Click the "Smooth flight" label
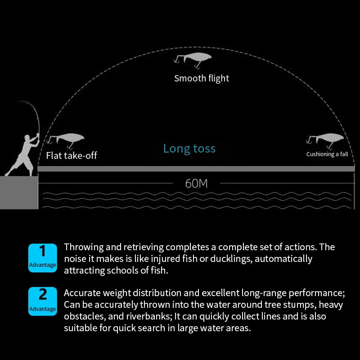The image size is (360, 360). pos(202,78)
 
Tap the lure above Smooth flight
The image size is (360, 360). pos(193,60)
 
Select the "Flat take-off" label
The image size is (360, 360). pos(72,155)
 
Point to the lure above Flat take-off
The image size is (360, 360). pos(65,140)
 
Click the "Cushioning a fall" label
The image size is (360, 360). pos(327,154)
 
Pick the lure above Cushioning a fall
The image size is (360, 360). pos(325,140)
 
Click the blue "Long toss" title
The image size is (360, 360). pos(189,148)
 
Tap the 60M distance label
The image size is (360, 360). pos(196,184)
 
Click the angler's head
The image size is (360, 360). pos(27,138)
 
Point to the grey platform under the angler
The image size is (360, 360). pos(19,193)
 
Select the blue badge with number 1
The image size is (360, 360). pos(43,258)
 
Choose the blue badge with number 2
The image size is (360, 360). pos(43,301)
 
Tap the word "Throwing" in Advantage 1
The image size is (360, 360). pos(84,247)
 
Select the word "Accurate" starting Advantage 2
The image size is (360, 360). pos(82,293)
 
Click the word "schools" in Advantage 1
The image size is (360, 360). pos(122,270)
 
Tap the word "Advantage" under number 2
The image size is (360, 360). pos(42,309)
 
